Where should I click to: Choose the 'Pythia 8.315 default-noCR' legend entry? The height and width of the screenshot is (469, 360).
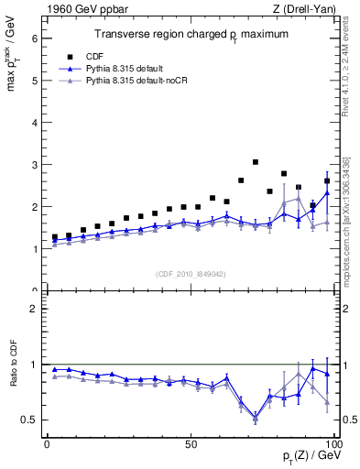point(139,82)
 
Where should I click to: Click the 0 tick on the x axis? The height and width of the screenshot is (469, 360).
point(48,443)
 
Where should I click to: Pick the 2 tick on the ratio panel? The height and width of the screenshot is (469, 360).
point(34,309)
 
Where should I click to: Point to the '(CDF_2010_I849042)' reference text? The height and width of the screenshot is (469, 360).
point(190,273)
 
